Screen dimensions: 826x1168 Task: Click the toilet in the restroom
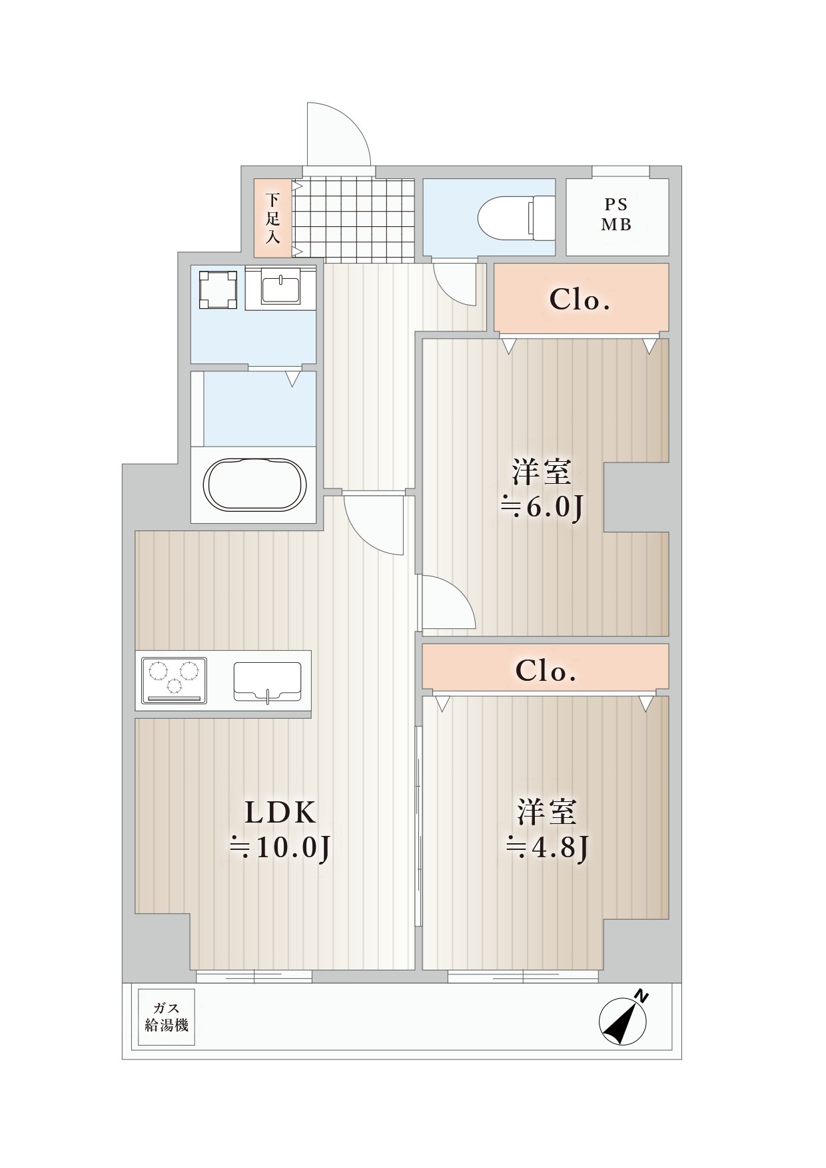[517, 217]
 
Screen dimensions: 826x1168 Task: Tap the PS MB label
[616, 214]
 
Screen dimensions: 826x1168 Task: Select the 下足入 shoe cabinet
[272, 218]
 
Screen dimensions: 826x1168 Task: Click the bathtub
[255, 484]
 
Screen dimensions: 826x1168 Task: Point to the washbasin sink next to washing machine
[280, 288]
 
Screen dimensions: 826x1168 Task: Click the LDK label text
[280, 813]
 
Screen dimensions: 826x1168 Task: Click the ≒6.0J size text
[542, 507]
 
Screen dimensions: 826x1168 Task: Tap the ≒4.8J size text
[547, 847]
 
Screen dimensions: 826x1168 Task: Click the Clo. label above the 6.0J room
[580, 300]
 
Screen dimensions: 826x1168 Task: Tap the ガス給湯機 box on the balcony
[167, 1018]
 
